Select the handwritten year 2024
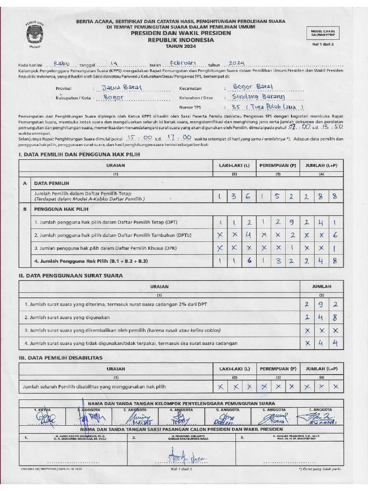click(x=237, y=63)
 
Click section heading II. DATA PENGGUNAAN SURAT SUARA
click(x=70, y=276)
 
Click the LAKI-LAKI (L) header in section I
click(x=234, y=165)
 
